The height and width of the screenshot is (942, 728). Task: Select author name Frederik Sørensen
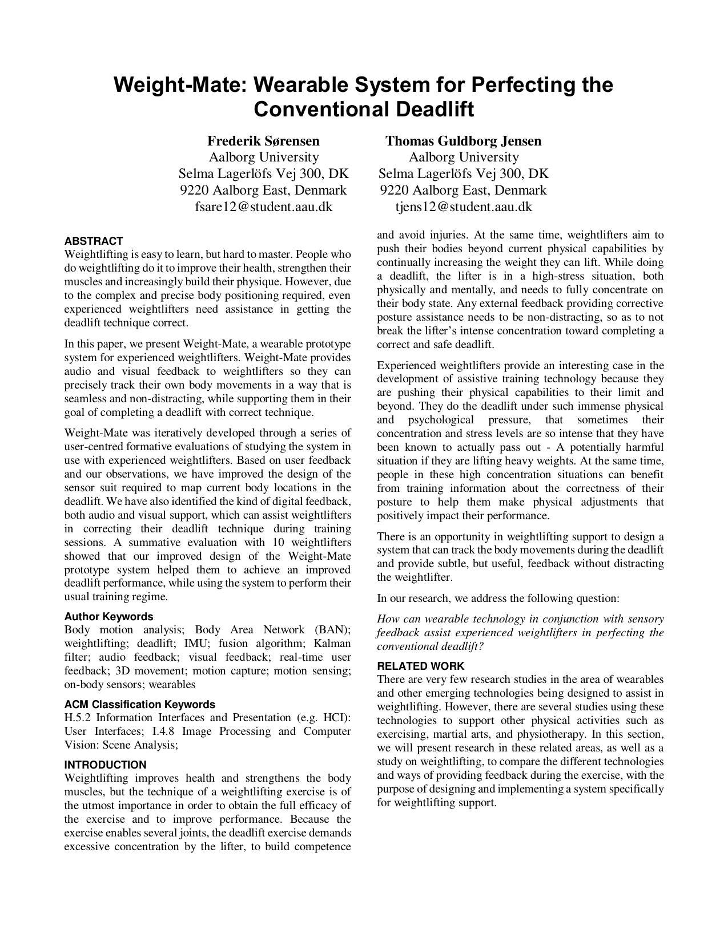263,141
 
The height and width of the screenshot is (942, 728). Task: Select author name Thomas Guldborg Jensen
463,141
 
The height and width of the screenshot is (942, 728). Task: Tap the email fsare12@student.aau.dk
263,207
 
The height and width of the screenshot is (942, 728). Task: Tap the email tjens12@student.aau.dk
463,207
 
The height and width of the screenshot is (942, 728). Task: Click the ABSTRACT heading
93,241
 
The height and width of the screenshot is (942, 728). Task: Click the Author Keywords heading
108,617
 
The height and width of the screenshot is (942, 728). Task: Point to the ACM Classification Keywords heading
139,705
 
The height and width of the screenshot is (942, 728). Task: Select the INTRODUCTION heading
105,765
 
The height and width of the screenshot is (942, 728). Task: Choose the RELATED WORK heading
420,666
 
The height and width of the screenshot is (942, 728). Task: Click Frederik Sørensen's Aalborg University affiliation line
263,157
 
